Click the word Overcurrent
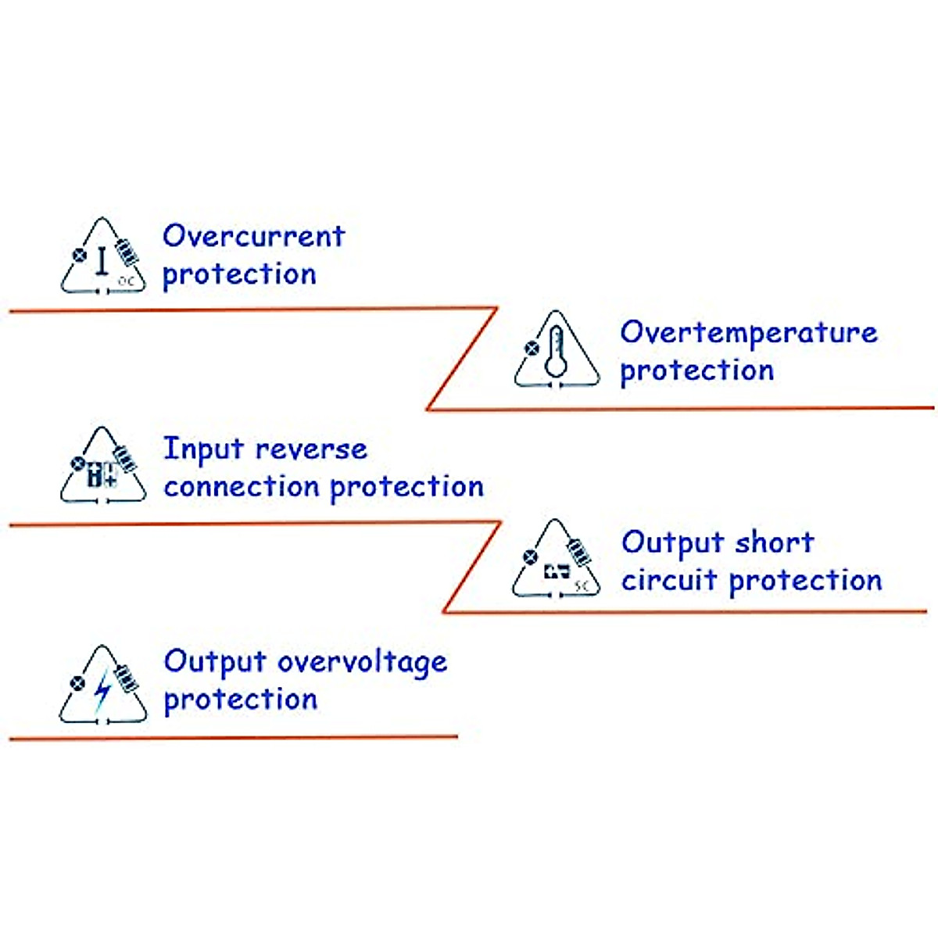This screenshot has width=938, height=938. (253, 235)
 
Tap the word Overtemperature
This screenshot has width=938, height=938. (748, 333)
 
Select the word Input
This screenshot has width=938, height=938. (203, 450)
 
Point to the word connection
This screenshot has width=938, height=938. (242, 486)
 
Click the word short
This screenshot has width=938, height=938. (775, 542)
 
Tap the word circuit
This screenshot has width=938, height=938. (669, 580)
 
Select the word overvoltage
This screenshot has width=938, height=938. (363, 663)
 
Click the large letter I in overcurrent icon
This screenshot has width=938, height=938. (102, 262)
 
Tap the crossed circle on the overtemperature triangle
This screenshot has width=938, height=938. (532, 348)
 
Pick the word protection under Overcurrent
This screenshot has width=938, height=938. (239, 274)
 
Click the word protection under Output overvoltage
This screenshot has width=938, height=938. (241, 700)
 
